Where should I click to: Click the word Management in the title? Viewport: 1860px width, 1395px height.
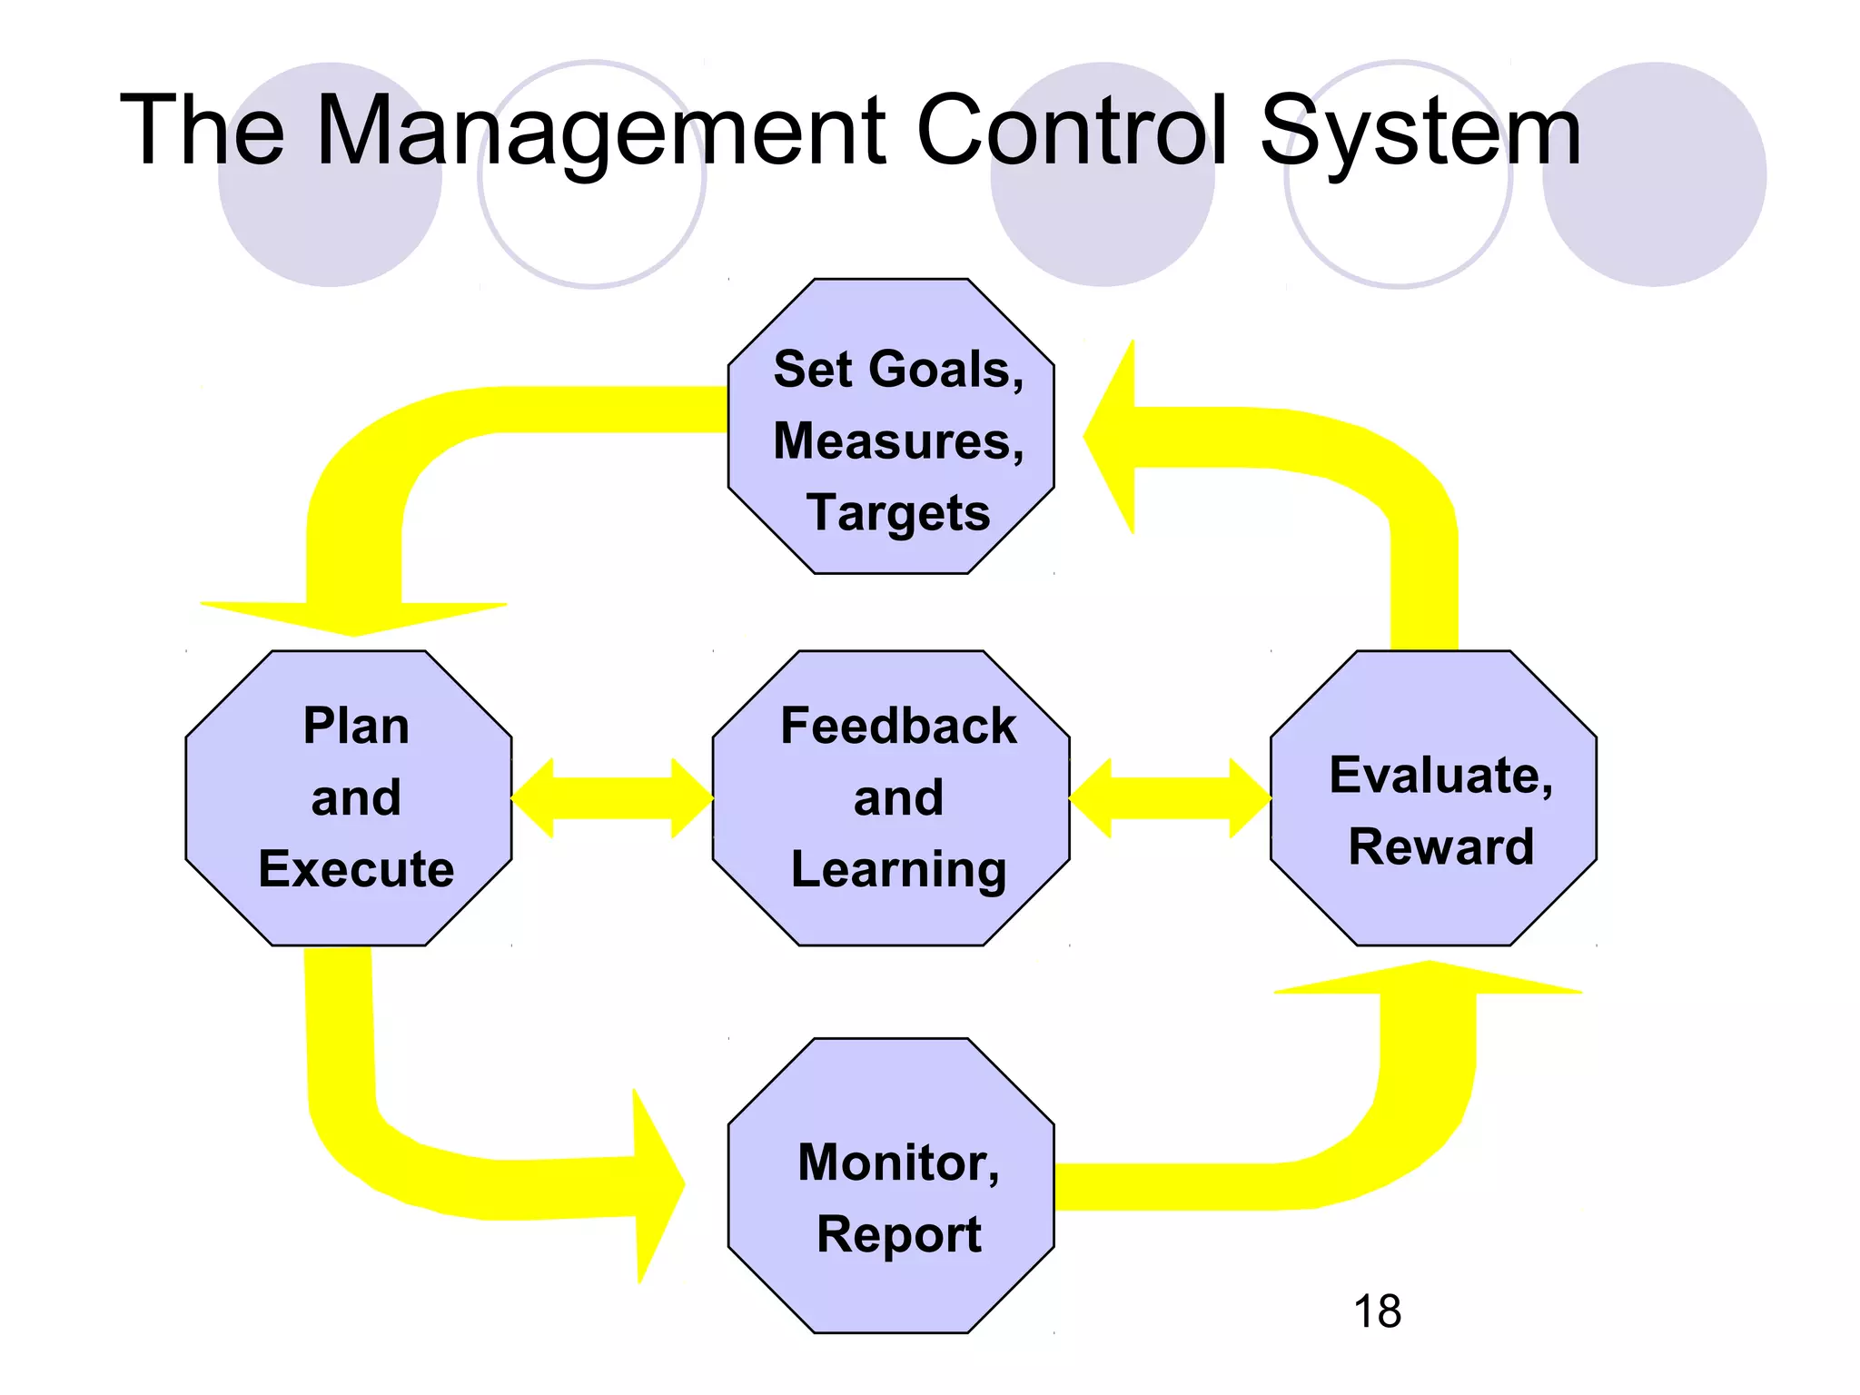click(x=599, y=132)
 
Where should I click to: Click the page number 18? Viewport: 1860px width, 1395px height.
click(x=1377, y=1311)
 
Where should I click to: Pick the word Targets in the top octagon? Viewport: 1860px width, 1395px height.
click(x=897, y=513)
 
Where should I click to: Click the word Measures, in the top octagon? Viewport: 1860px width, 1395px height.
click(x=897, y=441)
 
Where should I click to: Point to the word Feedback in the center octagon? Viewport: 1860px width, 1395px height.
click(x=897, y=727)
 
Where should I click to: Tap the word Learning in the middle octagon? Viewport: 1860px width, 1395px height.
click(x=897, y=870)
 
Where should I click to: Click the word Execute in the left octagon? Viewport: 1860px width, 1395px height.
click(x=356, y=869)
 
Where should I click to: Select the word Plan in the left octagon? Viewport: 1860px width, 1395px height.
click(x=356, y=727)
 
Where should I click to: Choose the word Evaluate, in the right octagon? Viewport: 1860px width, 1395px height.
click(x=1440, y=776)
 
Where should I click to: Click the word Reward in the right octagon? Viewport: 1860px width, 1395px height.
click(x=1440, y=846)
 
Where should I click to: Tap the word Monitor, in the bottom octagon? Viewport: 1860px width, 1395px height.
click(x=897, y=1162)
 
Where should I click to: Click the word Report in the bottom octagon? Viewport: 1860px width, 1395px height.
click(x=897, y=1235)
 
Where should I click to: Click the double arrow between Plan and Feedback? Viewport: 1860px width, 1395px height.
click(x=612, y=798)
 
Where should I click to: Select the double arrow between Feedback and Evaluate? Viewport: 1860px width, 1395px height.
click(x=1170, y=798)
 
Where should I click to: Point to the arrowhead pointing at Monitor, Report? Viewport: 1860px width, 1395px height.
click(x=656, y=1185)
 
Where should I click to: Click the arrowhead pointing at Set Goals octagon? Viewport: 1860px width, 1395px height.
click(x=1113, y=437)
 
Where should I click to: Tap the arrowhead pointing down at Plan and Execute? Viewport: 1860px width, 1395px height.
click(x=354, y=618)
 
